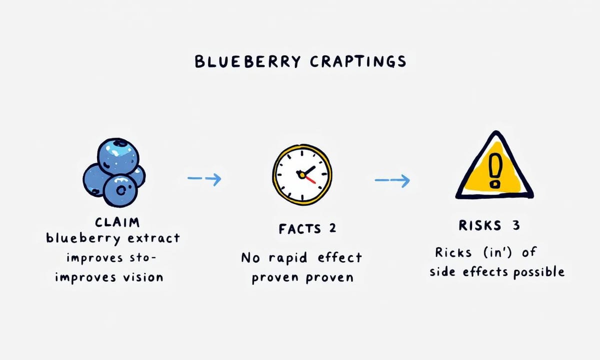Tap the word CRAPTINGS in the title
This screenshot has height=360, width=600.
click(x=358, y=61)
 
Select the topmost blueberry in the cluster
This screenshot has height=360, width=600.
click(x=118, y=156)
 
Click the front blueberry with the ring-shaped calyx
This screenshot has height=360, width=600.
click(x=120, y=190)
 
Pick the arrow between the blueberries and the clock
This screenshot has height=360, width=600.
click(x=204, y=178)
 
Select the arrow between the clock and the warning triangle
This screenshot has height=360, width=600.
click(x=392, y=180)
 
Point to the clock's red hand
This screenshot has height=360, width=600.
click(x=310, y=179)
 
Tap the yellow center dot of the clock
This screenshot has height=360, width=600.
click(x=302, y=175)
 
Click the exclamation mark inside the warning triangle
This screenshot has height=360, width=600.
click(x=494, y=170)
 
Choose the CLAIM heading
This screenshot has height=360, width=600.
click(x=117, y=222)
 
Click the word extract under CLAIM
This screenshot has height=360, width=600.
click(x=154, y=238)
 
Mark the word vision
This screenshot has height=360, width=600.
click(x=143, y=277)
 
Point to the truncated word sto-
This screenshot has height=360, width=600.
click(x=142, y=257)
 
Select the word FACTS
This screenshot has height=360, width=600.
click(x=299, y=229)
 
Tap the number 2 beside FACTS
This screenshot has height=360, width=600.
click(x=332, y=228)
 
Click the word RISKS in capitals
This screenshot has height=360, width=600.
click(x=479, y=225)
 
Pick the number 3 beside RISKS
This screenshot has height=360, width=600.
click(x=516, y=225)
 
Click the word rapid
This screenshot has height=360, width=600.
click(x=288, y=258)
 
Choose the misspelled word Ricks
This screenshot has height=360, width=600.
click(x=453, y=252)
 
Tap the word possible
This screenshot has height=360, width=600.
click(x=539, y=272)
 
